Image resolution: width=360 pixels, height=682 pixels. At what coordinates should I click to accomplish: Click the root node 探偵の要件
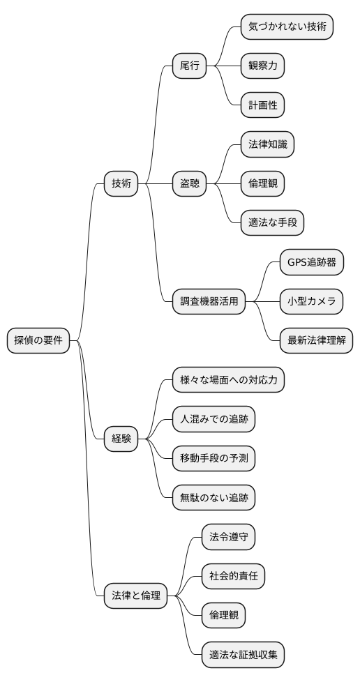coord(38,341)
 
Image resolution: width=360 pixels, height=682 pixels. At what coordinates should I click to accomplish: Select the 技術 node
coord(121,184)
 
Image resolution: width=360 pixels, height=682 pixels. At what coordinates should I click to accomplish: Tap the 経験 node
coord(121,439)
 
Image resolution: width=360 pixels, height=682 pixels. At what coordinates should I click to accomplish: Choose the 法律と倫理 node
coord(136,596)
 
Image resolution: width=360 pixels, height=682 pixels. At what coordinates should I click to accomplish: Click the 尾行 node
coord(190,66)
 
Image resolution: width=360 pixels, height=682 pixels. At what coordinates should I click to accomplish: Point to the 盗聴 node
coord(190,184)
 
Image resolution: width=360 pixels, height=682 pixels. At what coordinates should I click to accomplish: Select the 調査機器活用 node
coord(209,302)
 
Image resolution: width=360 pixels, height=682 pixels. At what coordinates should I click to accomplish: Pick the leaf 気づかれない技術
coord(286,27)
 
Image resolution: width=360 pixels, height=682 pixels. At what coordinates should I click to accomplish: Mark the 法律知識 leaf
coord(267,145)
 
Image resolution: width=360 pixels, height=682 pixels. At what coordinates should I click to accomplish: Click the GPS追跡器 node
coord(311,263)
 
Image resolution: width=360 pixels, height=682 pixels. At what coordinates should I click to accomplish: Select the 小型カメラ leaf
coord(311,302)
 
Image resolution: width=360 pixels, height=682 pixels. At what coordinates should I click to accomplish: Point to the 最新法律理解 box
coord(316,341)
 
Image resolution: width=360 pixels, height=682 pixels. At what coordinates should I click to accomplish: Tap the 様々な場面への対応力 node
coord(229,380)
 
